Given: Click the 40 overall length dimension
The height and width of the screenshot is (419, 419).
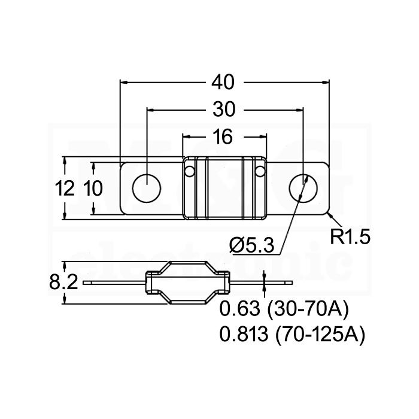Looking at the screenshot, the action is pyautogui.click(x=223, y=83).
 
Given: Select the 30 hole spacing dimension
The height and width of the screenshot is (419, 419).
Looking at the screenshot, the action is pyautogui.click(x=224, y=110).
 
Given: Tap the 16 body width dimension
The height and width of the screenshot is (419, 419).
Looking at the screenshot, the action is pyautogui.click(x=223, y=137).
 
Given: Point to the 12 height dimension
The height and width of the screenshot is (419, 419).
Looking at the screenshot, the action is pyautogui.click(x=65, y=188).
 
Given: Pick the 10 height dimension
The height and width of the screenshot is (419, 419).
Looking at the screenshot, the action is pyautogui.click(x=93, y=188).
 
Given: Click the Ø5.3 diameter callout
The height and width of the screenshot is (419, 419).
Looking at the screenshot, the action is pyautogui.click(x=252, y=245).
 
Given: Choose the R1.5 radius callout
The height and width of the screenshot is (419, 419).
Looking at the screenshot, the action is pyautogui.click(x=350, y=237).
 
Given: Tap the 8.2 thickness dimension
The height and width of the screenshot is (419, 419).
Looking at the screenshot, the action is pyautogui.click(x=63, y=282).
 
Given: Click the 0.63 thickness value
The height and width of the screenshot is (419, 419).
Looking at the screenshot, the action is pyautogui.click(x=239, y=308).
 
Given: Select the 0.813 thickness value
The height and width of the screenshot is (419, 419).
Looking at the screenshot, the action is pyautogui.click(x=244, y=334).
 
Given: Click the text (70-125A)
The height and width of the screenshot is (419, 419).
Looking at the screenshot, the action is pyautogui.click(x=320, y=335).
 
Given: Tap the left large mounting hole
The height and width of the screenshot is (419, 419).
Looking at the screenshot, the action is pyautogui.click(x=147, y=188).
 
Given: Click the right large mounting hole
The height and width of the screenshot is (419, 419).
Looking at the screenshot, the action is pyautogui.click(x=303, y=188).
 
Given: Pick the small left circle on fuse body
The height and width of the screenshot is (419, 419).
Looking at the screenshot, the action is pyautogui.click(x=190, y=171).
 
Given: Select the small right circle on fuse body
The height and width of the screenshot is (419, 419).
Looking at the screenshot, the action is pyautogui.click(x=259, y=171).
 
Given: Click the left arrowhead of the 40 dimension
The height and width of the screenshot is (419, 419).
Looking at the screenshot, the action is pyautogui.click(x=123, y=83).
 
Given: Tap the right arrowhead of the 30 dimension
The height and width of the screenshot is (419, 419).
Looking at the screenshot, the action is pyautogui.click(x=300, y=110).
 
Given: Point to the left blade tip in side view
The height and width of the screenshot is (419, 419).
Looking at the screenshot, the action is pyautogui.click(x=83, y=283).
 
